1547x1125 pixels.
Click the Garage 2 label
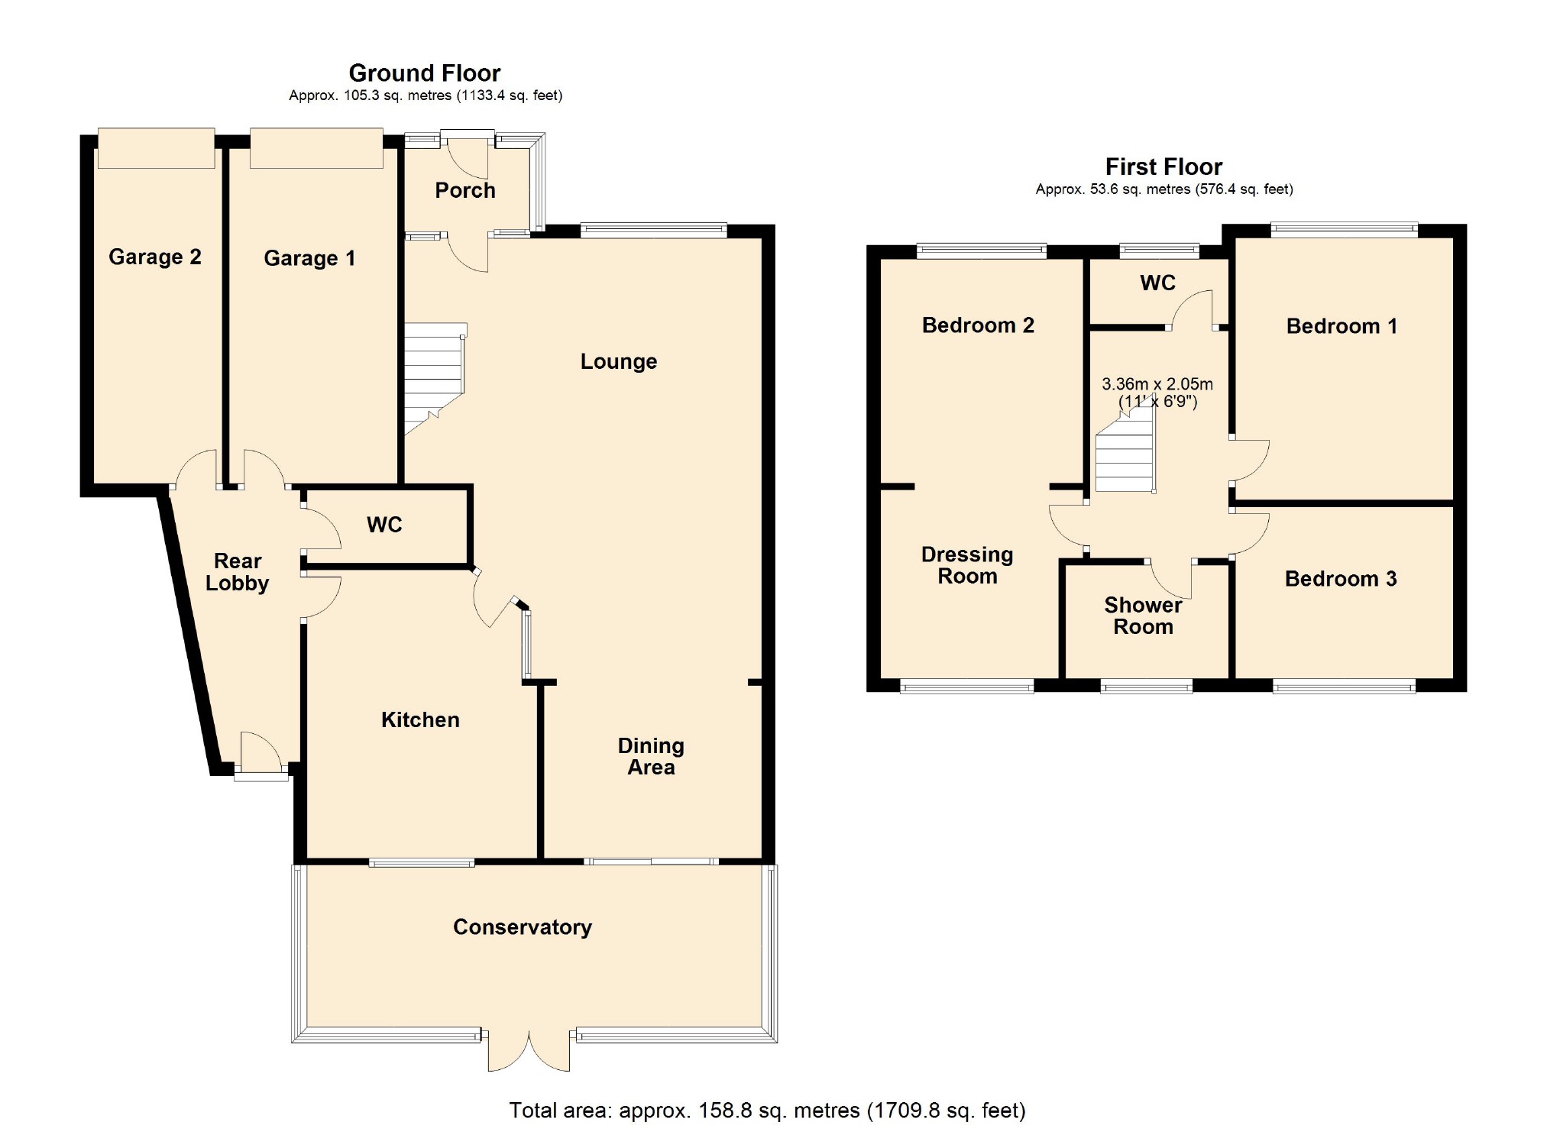[154, 257]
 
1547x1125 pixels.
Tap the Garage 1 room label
[309, 258]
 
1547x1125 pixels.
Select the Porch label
[464, 190]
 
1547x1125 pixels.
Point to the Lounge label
[618, 361]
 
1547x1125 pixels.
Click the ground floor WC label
[384, 525]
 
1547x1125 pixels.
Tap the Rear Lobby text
[237, 572]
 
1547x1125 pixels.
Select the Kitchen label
[420, 719]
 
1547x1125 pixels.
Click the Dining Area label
[651, 756]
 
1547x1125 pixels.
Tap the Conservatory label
[522, 926]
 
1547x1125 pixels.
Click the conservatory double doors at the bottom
[529, 1050]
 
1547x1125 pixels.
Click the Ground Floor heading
[424, 73]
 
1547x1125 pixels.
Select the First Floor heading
[1163, 166]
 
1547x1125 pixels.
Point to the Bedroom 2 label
[977, 325]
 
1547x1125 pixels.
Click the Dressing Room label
[967, 565]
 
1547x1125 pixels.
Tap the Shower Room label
[1143, 616]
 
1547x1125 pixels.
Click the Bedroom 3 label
[1340, 579]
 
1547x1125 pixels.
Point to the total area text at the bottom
[767, 1110]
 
